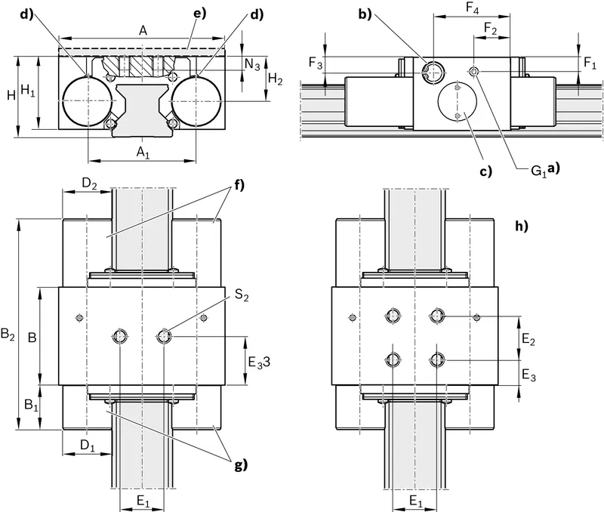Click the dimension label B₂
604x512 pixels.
pyautogui.click(x=8, y=334)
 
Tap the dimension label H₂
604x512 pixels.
pyautogui.click(x=275, y=79)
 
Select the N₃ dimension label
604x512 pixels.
pyautogui.click(x=252, y=64)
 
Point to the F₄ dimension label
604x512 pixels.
pyautogui.click(x=473, y=8)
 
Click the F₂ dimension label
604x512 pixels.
pyautogui.click(x=490, y=29)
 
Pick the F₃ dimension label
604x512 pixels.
pyautogui.click(x=316, y=63)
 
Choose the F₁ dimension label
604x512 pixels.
pyautogui.click(x=590, y=63)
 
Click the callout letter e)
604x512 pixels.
pyautogui.click(x=199, y=13)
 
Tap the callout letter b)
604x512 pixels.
pyautogui.click(x=365, y=14)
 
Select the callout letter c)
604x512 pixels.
pyautogui.click(x=485, y=171)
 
